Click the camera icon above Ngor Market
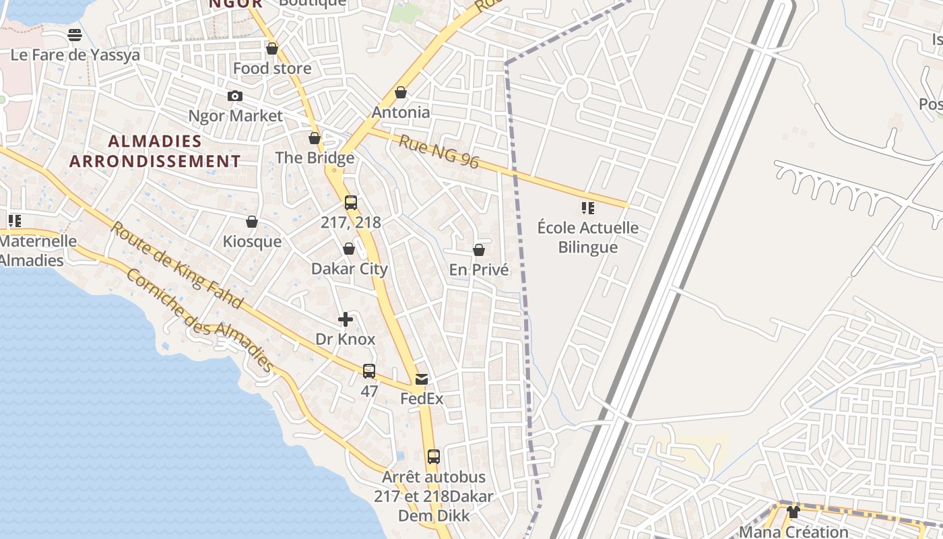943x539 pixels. [x=234, y=96]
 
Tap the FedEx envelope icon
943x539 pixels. [x=422, y=379]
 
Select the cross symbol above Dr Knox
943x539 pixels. [x=346, y=319]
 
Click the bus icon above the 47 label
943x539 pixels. [x=369, y=371]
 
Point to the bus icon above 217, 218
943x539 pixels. [x=351, y=202]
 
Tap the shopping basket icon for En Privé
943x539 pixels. [x=479, y=250]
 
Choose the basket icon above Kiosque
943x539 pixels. [x=252, y=222]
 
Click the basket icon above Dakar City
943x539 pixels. [x=349, y=249]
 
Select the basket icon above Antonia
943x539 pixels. [x=401, y=92]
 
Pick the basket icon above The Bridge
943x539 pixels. [x=315, y=138]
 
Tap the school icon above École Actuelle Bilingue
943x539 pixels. [x=588, y=208]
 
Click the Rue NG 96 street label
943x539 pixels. [x=438, y=152]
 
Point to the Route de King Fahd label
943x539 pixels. [x=176, y=265]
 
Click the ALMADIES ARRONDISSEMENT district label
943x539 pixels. [x=155, y=151]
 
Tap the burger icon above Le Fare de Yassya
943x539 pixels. [x=75, y=35]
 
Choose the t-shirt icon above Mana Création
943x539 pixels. [x=793, y=512]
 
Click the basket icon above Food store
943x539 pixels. [x=272, y=49]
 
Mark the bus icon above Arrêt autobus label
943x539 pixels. [x=434, y=456]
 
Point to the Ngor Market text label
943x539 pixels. [x=236, y=116]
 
